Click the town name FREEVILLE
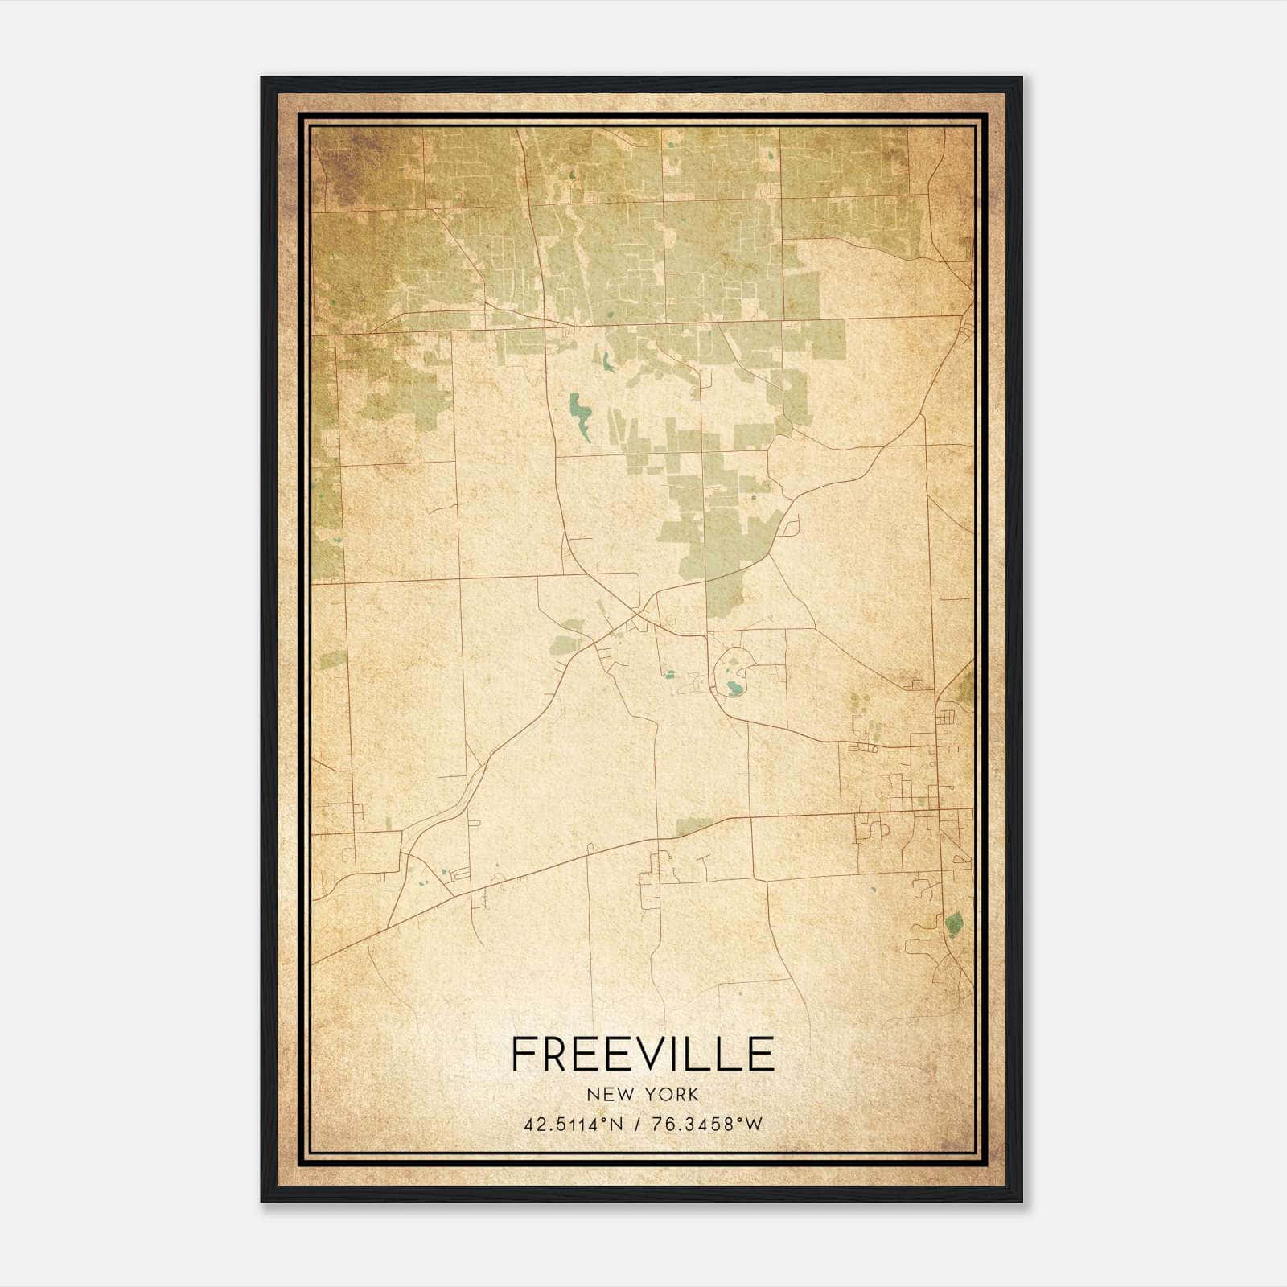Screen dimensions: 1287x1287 pos(643,1054)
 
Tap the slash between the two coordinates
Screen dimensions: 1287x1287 pos(637,1125)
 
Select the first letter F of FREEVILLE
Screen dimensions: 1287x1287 pos(524,1054)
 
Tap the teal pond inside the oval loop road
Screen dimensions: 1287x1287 pos(733,688)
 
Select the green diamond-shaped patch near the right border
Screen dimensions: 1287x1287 pos(954,922)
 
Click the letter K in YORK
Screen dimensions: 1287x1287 pos(693,1094)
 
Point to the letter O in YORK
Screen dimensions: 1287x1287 pos(667,1094)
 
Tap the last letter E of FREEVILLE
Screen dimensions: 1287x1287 pos(760,1054)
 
